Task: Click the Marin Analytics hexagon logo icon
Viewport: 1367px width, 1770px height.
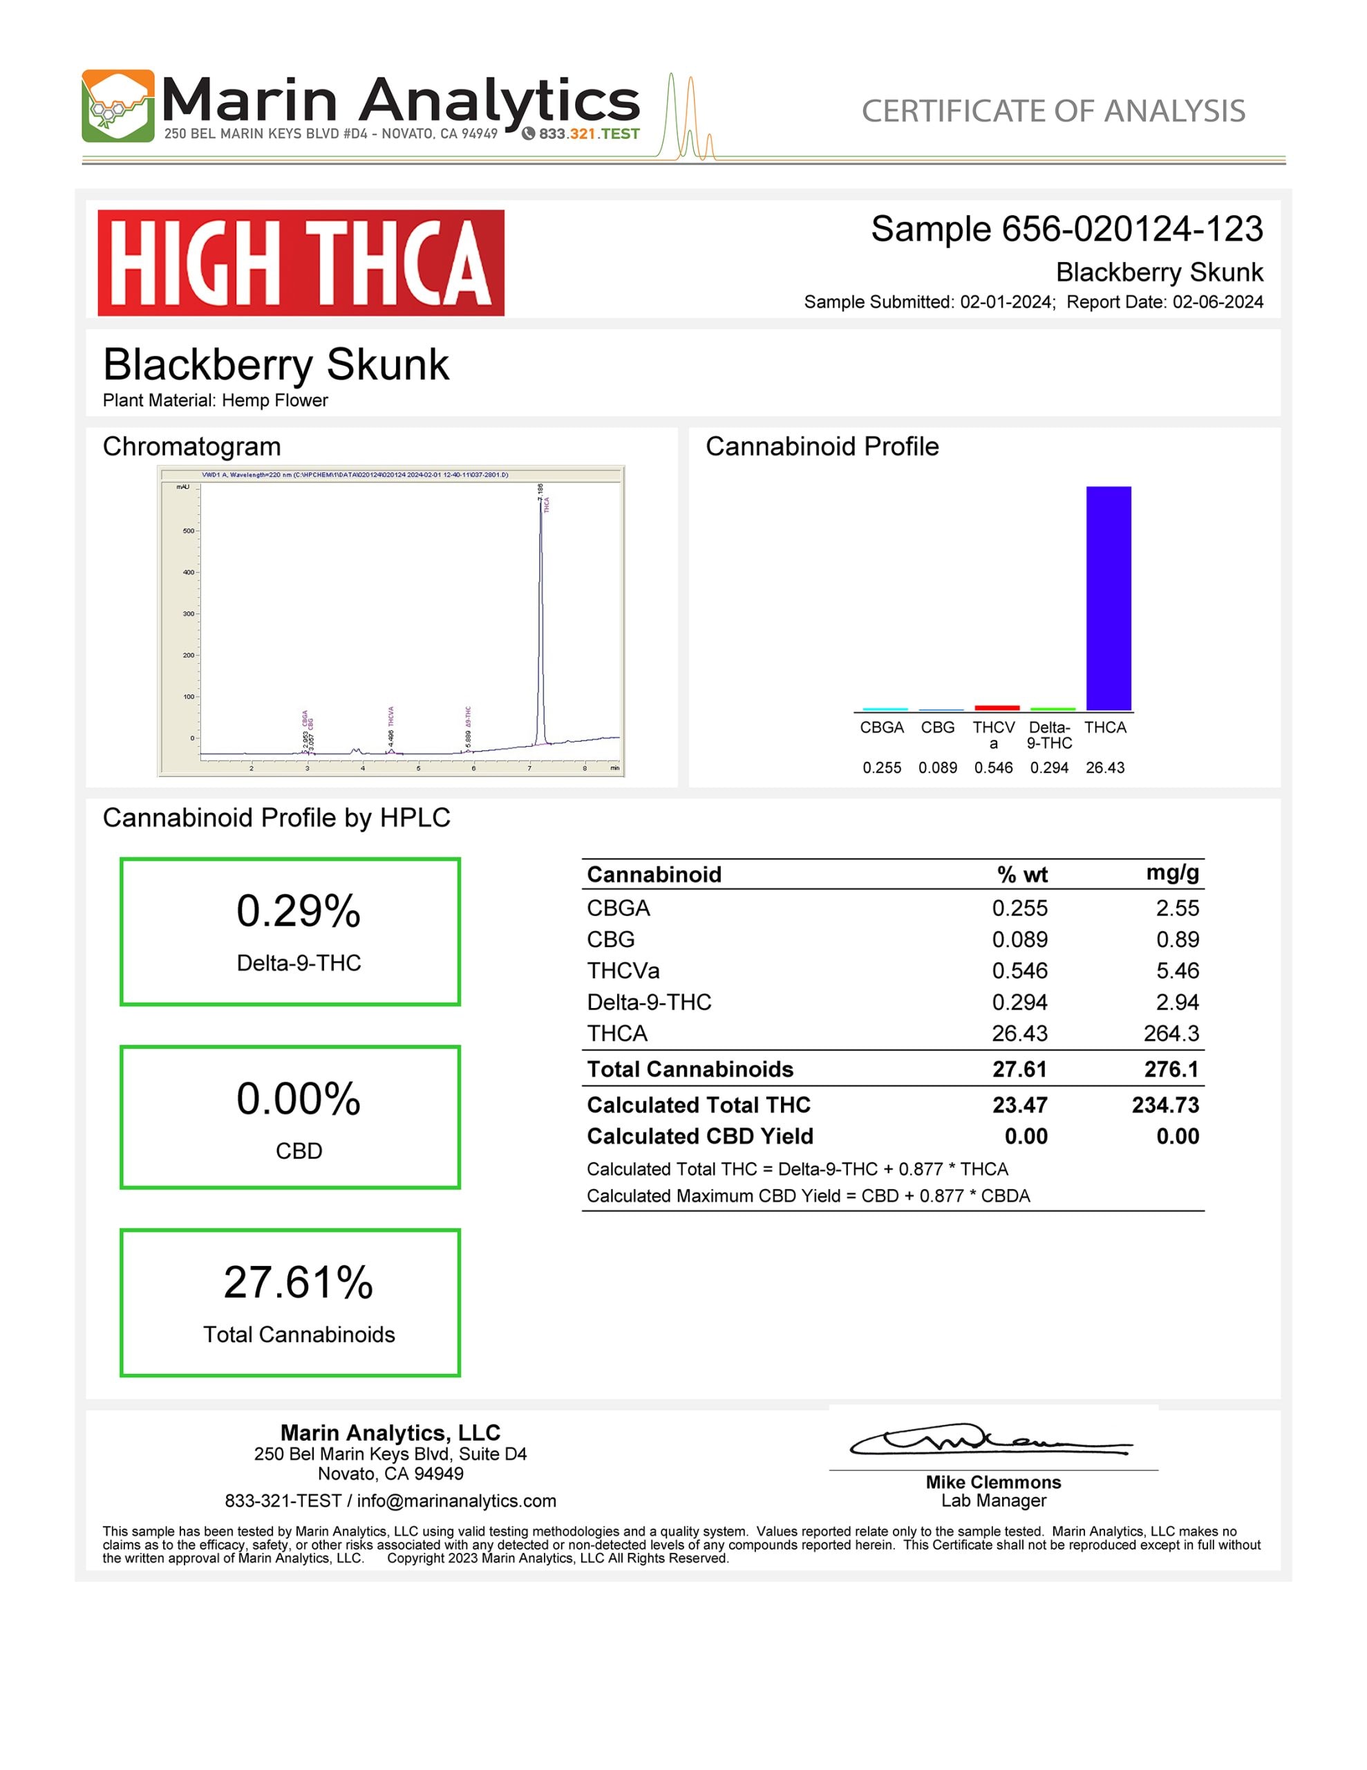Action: tap(117, 106)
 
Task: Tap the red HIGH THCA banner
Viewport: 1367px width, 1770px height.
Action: tap(301, 263)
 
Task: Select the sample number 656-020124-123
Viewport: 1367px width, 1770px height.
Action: tap(1131, 230)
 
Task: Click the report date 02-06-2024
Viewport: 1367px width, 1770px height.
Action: tap(1217, 302)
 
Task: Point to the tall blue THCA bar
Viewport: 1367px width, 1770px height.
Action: tap(1108, 598)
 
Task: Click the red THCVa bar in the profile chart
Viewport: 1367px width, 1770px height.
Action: tap(996, 707)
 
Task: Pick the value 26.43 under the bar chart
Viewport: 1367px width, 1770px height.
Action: tap(1104, 767)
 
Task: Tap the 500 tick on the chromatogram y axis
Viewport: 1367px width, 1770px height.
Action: tap(188, 531)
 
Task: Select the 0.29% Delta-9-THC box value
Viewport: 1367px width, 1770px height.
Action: tap(298, 911)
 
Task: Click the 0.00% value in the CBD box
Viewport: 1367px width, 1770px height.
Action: tap(298, 1099)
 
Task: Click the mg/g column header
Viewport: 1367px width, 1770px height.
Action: tap(1171, 873)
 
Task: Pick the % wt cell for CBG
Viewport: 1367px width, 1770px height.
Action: tap(1019, 940)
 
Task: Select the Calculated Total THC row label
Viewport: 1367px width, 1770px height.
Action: tap(699, 1105)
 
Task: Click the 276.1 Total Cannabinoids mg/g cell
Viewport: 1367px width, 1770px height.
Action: tap(1171, 1069)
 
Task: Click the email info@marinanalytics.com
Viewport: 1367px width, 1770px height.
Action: tap(456, 1501)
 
